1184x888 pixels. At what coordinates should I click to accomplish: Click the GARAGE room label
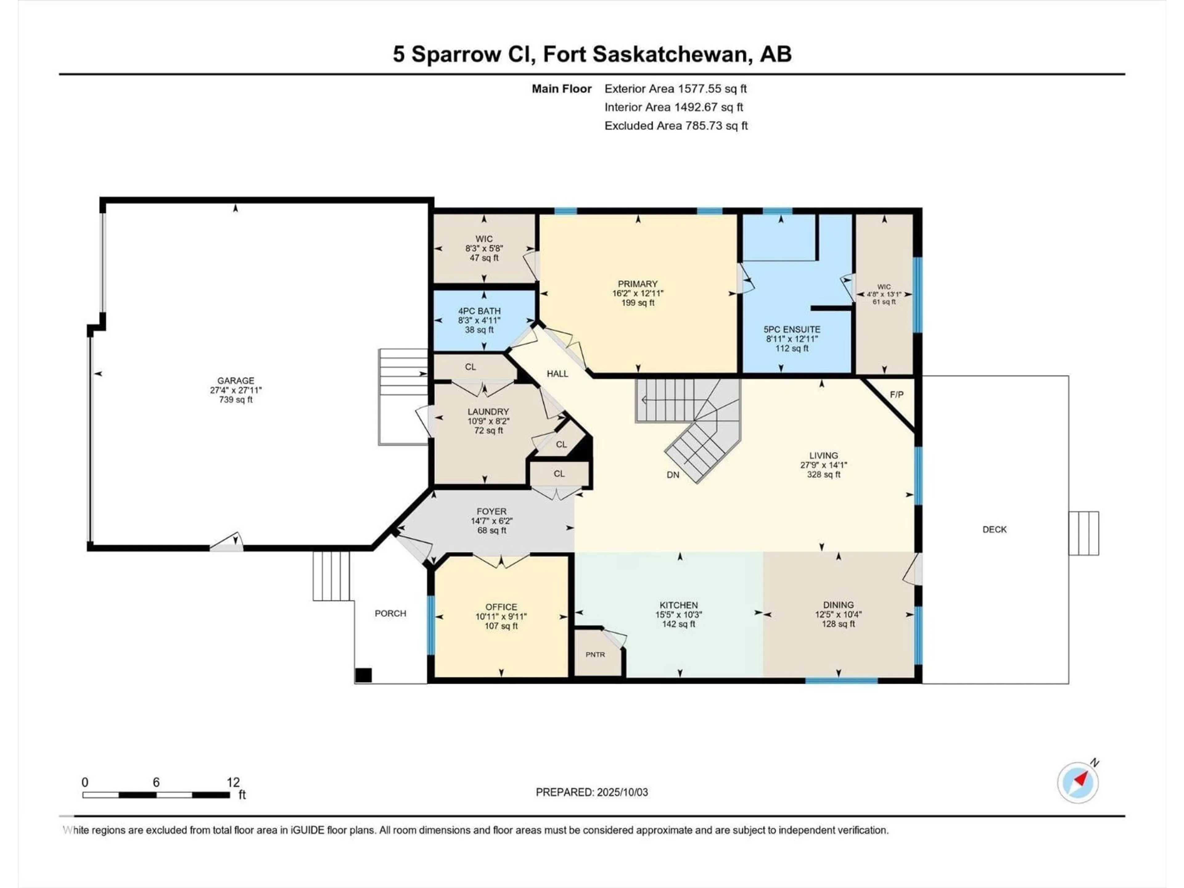pyautogui.click(x=236, y=380)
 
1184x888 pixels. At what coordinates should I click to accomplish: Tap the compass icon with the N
pyautogui.click(x=1078, y=782)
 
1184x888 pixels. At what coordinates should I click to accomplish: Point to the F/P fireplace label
pyautogui.click(x=897, y=394)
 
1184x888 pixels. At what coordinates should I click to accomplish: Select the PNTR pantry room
pyautogui.click(x=595, y=654)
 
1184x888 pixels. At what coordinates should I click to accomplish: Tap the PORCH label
pyautogui.click(x=390, y=613)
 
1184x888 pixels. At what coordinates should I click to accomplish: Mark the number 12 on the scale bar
pyautogui.click(x=233, y=782)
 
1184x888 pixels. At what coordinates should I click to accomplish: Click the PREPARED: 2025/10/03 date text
pyautogui.click(x=591, y=792)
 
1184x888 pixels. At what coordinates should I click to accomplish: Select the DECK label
pyautogui.click(x=994, y=529)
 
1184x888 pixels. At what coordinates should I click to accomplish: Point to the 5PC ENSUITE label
pyautogui.click(x=792, y=330)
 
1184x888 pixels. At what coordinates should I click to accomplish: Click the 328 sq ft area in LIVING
pyautogui.click(x=824, y=474)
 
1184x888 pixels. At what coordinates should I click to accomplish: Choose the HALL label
pyautogui.click(x=557, y=374)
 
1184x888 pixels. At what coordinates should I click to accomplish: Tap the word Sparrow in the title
pyautogui.click(x=455, y=54)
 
